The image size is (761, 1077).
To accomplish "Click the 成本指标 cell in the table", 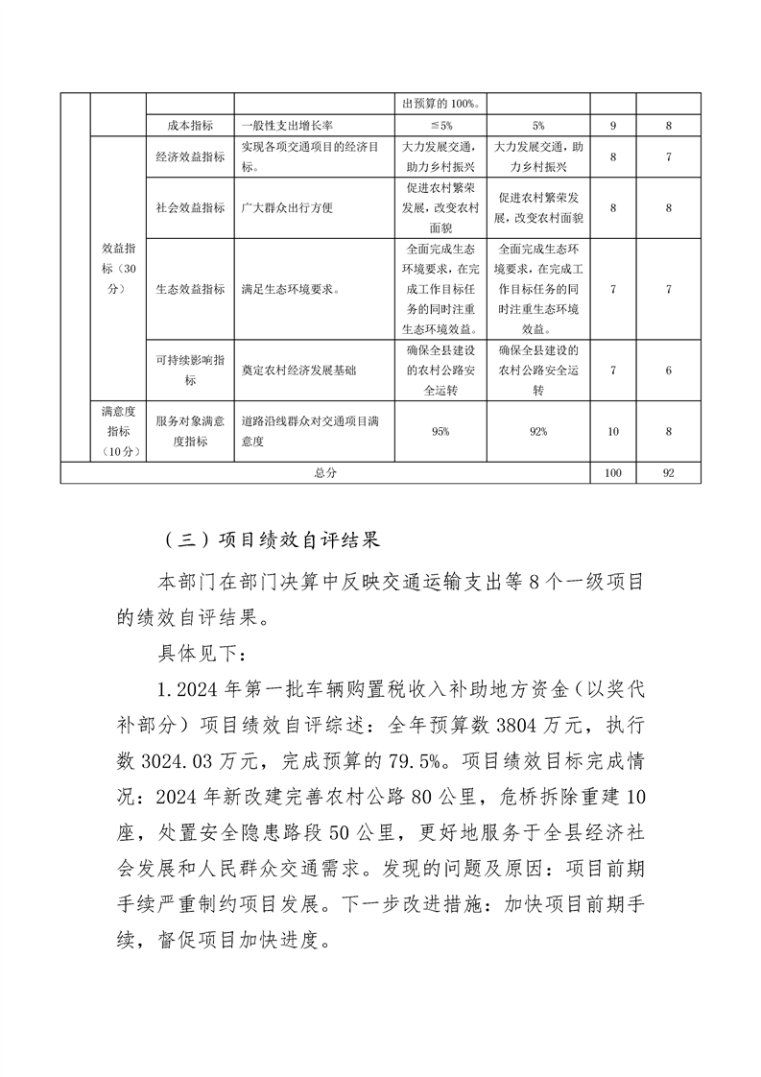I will (x=190, y=126).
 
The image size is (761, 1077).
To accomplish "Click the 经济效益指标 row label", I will (x=190, y=156).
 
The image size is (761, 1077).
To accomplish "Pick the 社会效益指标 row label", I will (x=190, y=207).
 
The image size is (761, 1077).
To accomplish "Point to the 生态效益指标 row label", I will (x=190, y=289).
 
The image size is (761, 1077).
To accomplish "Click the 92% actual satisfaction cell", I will (x=538, y=432).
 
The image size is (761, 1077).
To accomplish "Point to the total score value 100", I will (x=613, y=473).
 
